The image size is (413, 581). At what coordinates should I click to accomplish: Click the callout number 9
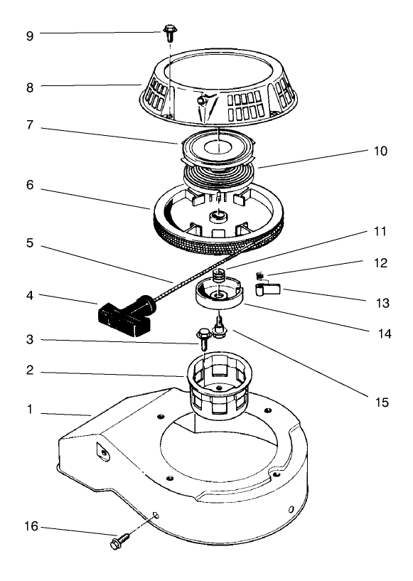click(29, 34)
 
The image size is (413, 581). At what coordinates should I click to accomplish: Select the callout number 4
click(29, 294)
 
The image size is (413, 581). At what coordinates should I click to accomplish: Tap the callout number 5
click(29, 242)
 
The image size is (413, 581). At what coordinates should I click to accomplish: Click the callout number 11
click(381, 232)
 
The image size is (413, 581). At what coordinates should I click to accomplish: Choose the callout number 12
click(381, 262)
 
